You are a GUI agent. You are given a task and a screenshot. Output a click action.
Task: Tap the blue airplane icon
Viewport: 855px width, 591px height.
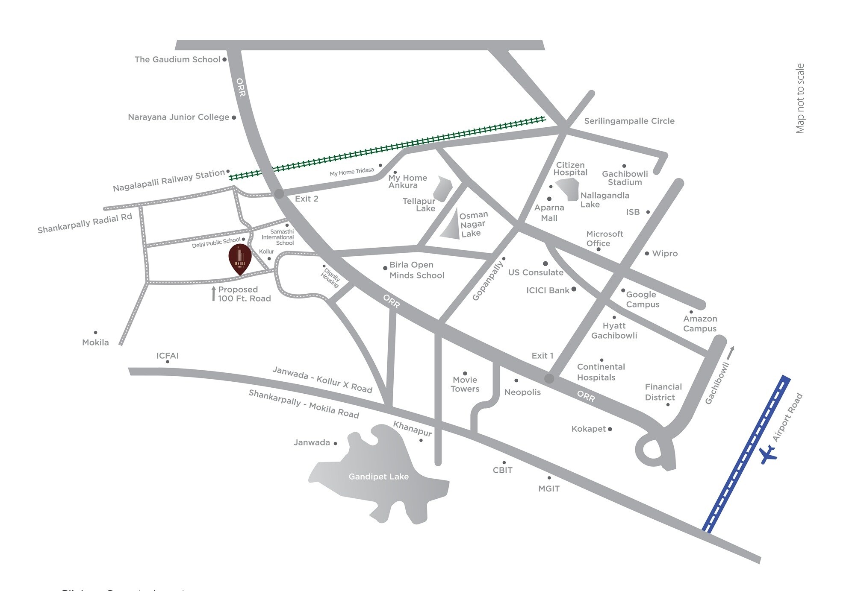(769, 454)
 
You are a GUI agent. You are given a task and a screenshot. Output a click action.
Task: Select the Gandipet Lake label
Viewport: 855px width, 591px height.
(378, 477)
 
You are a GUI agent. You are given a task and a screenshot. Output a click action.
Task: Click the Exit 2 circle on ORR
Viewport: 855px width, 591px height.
(279, 194)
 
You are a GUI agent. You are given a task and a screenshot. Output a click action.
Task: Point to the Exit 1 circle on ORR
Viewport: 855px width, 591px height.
(549, 378)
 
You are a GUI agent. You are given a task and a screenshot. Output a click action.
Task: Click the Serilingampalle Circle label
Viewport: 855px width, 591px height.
(629, 121)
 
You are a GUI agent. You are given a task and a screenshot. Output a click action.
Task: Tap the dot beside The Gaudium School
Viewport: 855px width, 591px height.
(224, 60)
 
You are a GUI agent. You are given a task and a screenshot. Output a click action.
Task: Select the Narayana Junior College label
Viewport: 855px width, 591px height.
(178, 117)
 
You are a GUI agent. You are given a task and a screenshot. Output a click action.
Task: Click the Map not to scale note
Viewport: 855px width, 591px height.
(800, 98)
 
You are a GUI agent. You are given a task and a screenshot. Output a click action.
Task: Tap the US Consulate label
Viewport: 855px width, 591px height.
(536, 272)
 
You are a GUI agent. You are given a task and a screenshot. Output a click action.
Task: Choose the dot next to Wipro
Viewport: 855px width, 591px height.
(647, 254)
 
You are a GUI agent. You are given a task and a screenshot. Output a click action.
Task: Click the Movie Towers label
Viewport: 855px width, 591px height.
(465, 384)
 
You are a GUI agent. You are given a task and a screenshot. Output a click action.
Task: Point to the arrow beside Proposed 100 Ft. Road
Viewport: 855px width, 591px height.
(214, 294)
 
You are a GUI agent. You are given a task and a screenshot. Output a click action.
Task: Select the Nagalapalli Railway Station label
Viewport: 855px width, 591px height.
(168, 181)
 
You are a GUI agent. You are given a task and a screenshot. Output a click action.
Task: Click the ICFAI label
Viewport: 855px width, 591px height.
(167, 356)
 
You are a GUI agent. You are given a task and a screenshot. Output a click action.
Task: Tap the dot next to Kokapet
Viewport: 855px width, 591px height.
(610, 429)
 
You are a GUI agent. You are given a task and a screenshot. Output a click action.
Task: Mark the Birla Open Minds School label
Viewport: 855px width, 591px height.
(416, 270)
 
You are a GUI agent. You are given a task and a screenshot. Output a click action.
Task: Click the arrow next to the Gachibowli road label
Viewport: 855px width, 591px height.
(731, 353)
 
